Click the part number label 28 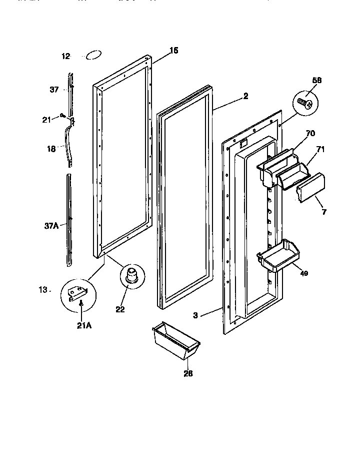(174, 373)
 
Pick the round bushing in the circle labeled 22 (131, 276)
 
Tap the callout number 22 (120, 309)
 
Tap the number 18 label (51, 149)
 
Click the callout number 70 (310, 134)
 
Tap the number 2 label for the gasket (245, 97)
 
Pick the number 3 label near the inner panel (196, 315)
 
